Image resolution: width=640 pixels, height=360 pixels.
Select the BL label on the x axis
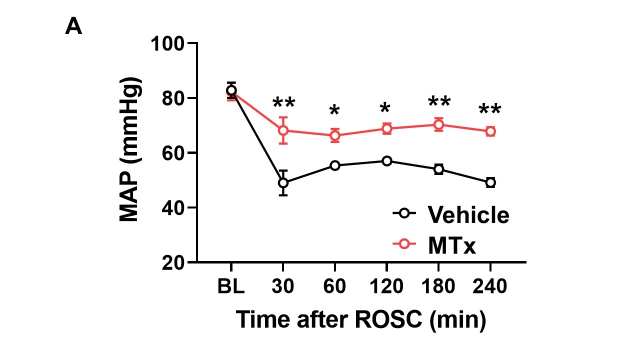point(231,288)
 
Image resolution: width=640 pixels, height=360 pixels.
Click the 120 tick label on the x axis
point(386,288)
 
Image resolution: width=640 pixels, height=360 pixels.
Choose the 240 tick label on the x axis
point(490,288)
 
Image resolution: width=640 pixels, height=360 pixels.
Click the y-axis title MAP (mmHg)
point(130,150)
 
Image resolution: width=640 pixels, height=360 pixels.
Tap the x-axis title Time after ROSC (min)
point(360,319)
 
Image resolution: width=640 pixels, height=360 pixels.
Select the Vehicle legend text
point(468,215)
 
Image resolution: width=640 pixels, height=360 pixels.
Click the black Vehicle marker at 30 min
point(283,183)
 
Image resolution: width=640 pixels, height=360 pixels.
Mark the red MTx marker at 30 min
point(283,130)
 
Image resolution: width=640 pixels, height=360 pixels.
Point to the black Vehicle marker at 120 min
point(386,161)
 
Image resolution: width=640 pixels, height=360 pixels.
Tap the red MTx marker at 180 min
point(438,124)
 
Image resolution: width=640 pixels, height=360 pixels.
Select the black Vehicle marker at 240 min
point(490,182)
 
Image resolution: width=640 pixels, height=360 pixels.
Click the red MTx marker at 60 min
point(335,135)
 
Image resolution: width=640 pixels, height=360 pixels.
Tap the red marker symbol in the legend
point(404,243)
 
